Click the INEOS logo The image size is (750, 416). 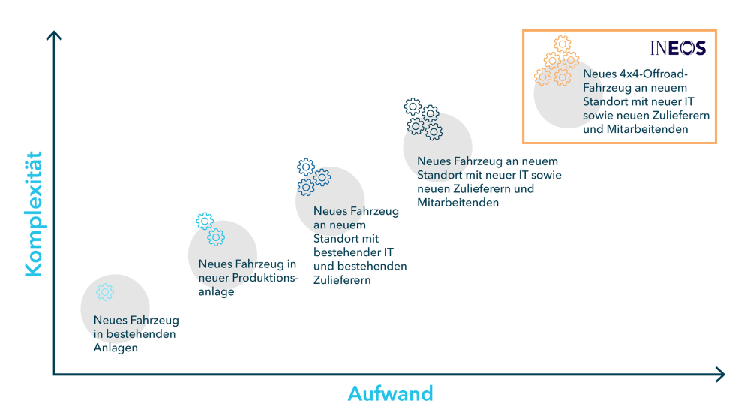(677, 48)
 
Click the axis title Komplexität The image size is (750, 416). (34, 214)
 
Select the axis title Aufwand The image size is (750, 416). (390, 393)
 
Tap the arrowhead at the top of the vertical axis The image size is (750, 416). (54, 35)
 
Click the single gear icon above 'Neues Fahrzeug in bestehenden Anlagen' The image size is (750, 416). (105, 292)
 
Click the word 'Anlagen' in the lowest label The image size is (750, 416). (115, 348)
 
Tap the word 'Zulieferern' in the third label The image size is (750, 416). (342, 280)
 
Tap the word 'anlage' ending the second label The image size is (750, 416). (216, 291)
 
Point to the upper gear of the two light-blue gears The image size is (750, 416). (205, 221)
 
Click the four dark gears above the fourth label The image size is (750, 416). (422, 119)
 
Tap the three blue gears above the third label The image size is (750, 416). (313, 176)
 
